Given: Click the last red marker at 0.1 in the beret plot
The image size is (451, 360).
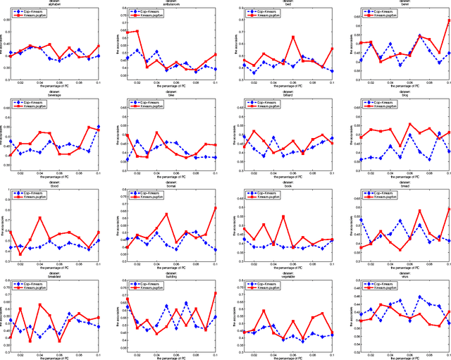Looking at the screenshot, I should click(448, 20).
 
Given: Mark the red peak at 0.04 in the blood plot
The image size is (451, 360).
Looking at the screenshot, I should click(40, 218).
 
